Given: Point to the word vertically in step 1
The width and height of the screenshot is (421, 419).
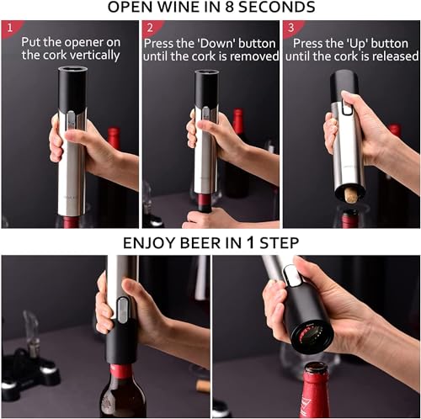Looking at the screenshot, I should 103,55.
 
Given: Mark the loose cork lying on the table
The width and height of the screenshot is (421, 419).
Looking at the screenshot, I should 203,386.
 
